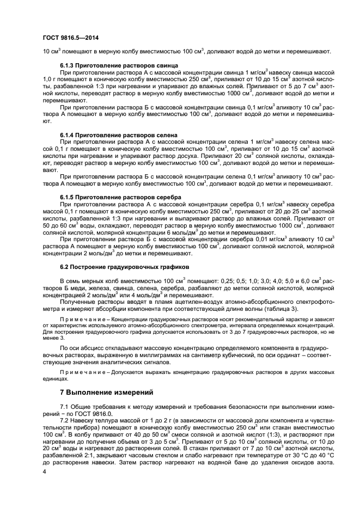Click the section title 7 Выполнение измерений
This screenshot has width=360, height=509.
pyautogui.click(x=107, y=392)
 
